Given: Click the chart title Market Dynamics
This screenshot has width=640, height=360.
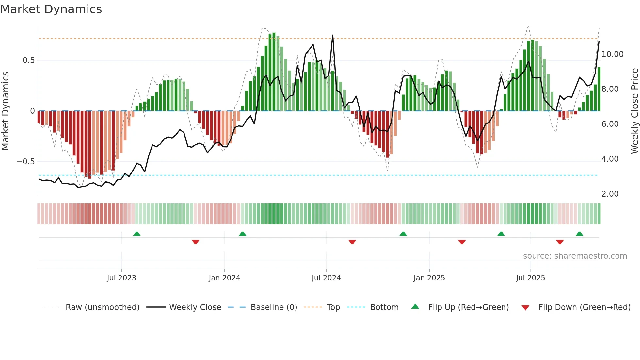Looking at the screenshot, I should point(51,9).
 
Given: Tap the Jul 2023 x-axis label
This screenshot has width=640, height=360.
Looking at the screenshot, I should point(121,278).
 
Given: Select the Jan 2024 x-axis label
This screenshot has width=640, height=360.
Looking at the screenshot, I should point(224,278).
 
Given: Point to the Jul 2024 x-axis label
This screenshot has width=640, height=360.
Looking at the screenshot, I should point(326,278).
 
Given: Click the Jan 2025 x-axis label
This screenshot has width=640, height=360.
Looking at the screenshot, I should point(429,278).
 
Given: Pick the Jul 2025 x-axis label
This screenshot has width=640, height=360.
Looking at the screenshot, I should point(531,278).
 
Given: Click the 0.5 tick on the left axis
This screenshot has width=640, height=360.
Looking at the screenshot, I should point(28,60).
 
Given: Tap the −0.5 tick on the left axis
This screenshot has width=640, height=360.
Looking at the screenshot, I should point(25,162).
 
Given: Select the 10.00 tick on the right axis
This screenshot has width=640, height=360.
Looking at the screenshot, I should point(612,54).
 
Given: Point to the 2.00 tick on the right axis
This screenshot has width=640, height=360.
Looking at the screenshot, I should point(610,194).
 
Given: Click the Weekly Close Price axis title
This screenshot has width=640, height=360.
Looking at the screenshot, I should point(634,111).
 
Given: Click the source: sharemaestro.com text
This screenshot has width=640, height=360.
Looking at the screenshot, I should point(575,256).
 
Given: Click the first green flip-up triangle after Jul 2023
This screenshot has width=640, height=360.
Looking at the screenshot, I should point(137,234).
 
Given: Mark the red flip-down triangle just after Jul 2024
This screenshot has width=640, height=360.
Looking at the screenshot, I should point(352,242).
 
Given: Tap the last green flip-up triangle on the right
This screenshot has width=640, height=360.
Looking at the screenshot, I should point(579,234).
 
